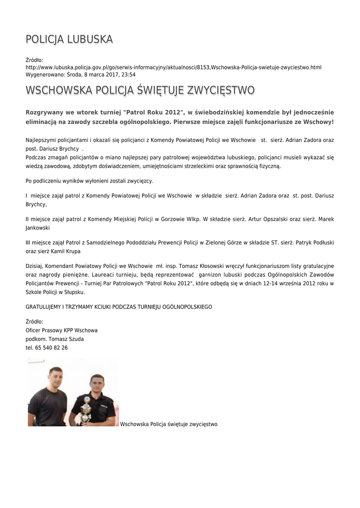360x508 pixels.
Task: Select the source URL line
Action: [x=173, y=67]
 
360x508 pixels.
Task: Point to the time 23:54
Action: [x=128, y=74]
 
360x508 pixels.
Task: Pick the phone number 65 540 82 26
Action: [x=52, y=348]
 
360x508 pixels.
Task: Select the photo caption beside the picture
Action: [x=169, y=424]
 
